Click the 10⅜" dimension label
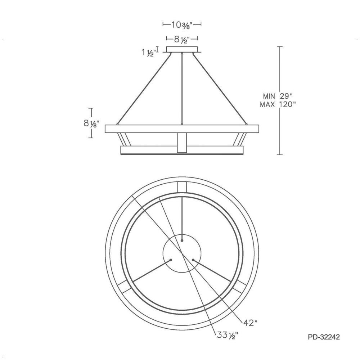pyautogui.click(x=182, y=24)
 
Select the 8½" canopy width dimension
pyautogui.click(x=182, y=40)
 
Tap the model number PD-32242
pyautogui.click(x=324, y=337)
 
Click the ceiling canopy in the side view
pyautogui.click(x=182, y=50)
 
